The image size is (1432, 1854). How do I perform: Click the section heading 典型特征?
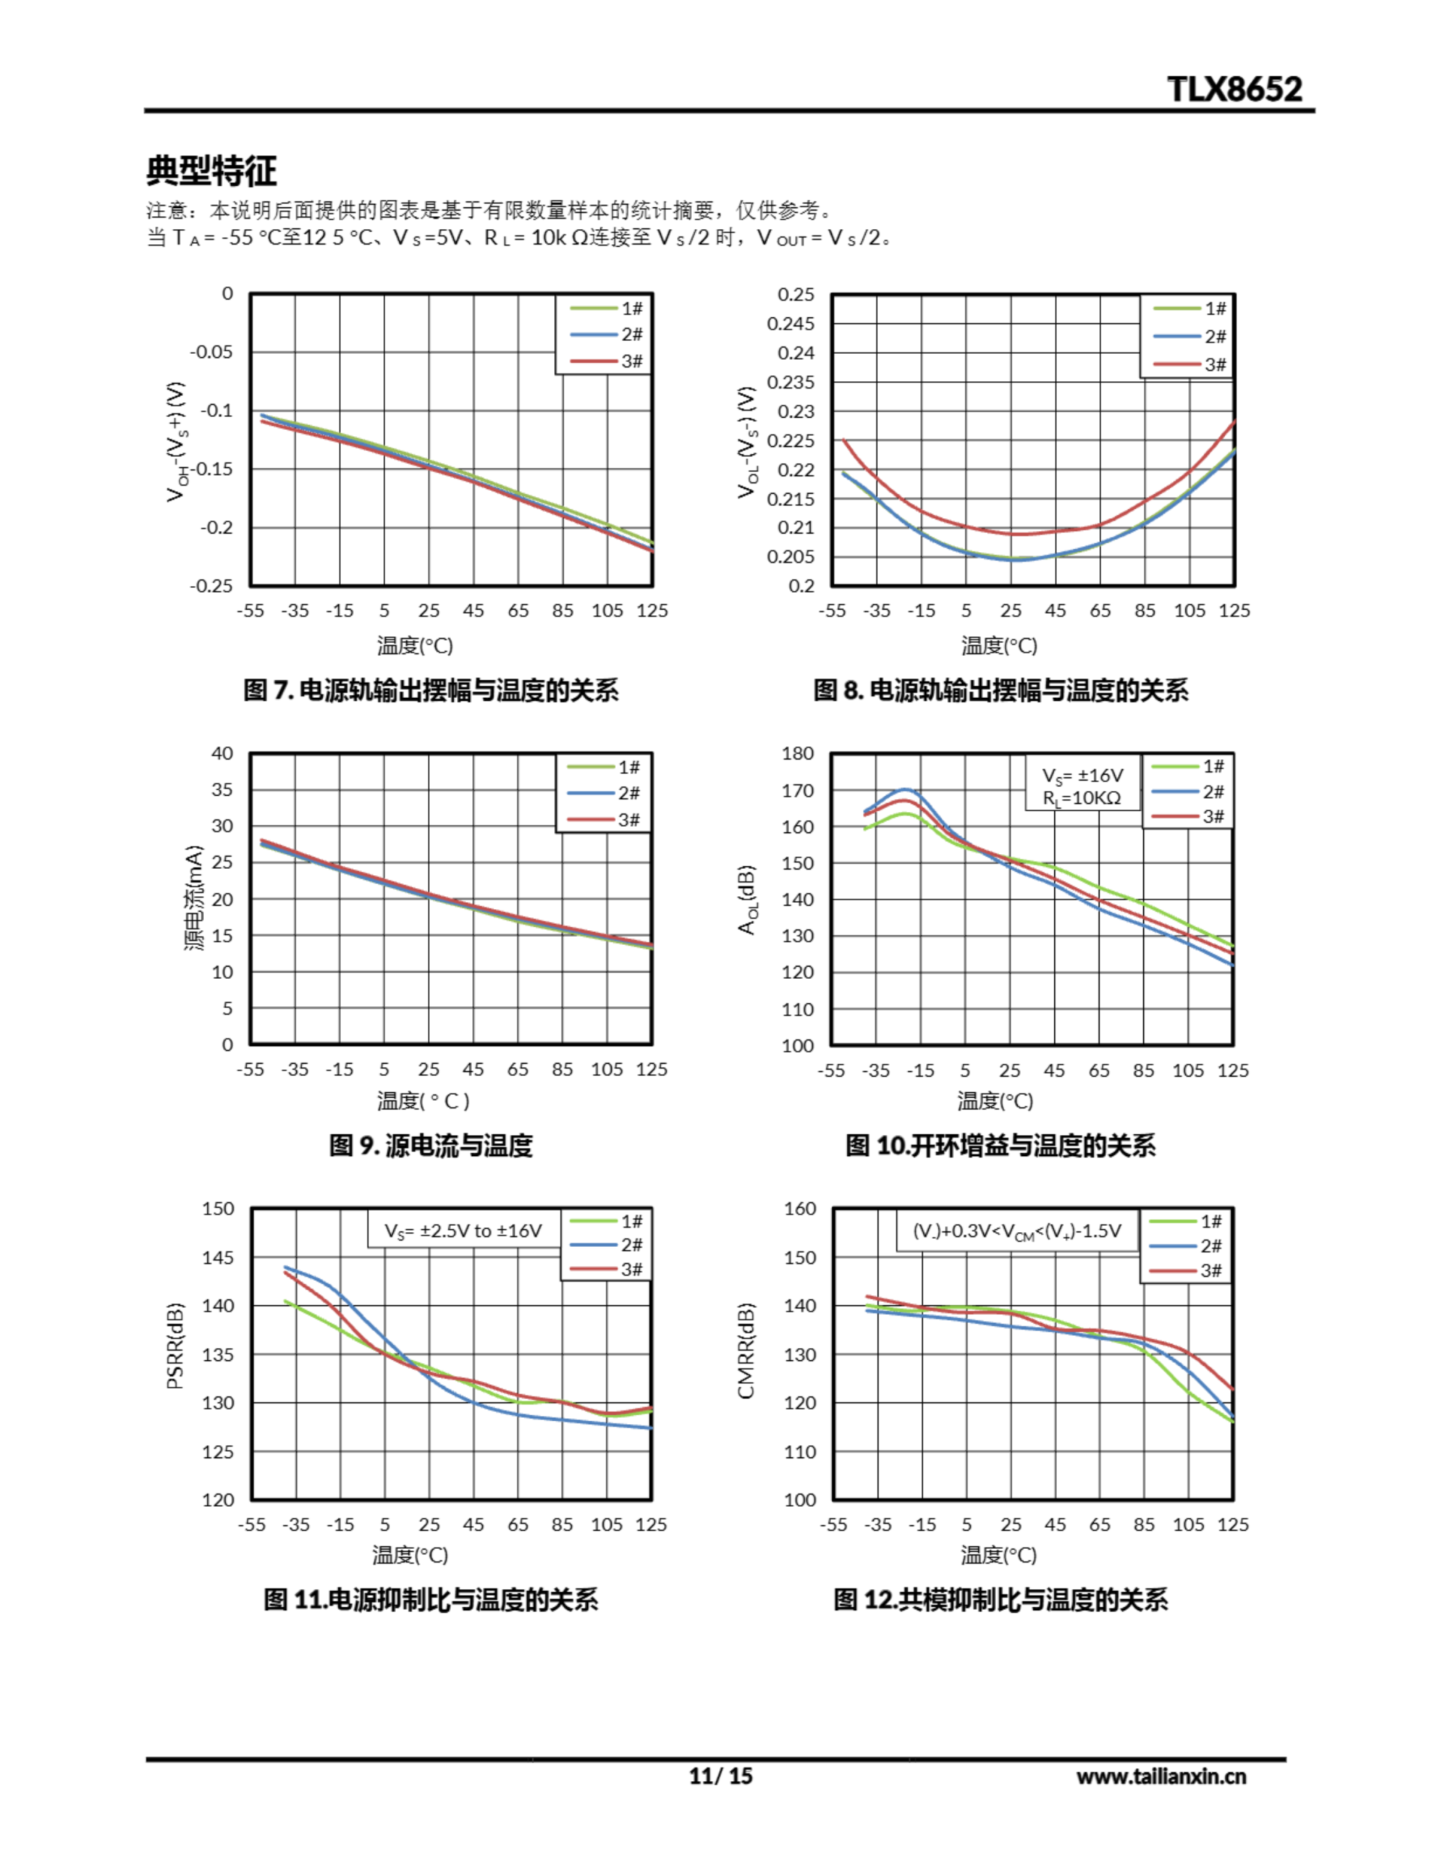(x=211, y=171)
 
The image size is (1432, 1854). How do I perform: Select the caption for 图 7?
(x=430, y=690)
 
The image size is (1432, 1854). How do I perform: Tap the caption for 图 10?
(x=1000, y=1145)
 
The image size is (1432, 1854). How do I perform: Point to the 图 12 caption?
(x=1000, y=1601)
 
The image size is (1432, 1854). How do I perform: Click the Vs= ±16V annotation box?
(x=1082, y=786)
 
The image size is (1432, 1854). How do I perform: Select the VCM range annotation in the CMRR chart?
(x=1016, y=1231)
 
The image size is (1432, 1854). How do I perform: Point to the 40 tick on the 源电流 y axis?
(x=222, y=753)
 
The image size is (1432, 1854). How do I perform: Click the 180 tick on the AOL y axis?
(x=797, y=753)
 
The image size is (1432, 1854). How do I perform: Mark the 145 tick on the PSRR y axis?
(x=217, y=1257)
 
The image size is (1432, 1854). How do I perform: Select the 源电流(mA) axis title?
(x=195, y=898)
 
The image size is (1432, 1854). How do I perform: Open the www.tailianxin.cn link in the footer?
(x=1161, y=1777)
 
